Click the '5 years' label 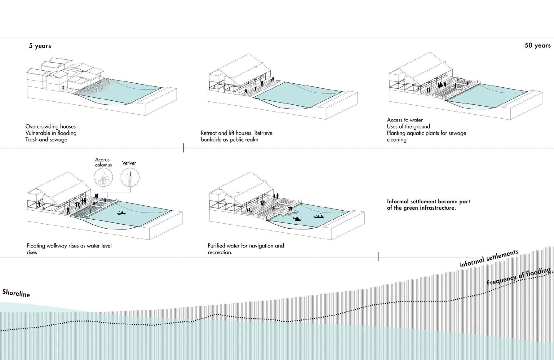coord(40,46)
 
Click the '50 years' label coord(537,45)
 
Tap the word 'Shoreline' coord(16,293)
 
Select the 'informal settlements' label coord(489,258)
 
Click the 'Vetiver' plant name coord(129,163)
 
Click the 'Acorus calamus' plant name coord(103,162)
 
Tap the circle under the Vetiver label coord(130,178)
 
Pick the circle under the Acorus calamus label coord(103,178)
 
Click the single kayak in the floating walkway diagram coord(121,213)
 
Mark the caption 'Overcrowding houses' coord(51,126)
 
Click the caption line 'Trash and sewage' coord(46,140)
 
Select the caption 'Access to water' coord(405,120)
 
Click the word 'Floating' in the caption coord(36,246)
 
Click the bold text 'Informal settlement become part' coord(428,201)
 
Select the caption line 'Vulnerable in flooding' coord(51,133)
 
